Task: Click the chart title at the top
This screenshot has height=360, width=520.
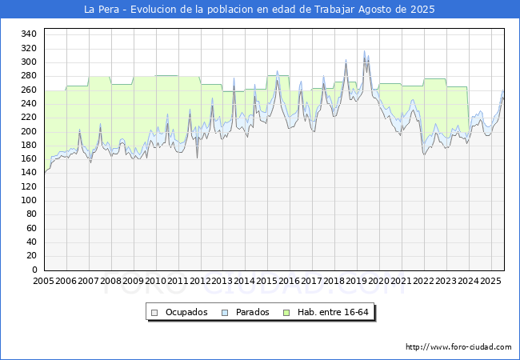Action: [x=259, y=10]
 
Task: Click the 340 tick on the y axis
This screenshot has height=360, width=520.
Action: [x=29, y=34]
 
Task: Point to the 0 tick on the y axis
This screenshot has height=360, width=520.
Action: [x=34, y=270]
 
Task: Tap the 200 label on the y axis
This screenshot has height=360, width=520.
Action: [x=29, y=132]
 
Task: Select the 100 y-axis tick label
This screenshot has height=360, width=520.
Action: [x=29, y=200]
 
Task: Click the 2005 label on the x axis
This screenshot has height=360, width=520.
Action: [x=43, y=281]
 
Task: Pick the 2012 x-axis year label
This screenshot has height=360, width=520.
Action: [x=200, y=281]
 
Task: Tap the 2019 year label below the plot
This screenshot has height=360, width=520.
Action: [x=357, y=281]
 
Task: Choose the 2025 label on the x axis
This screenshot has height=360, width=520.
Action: [x=490, y=281]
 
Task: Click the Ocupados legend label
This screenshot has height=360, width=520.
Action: [x=186, y=312]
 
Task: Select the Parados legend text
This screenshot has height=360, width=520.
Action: [x=252, y=312]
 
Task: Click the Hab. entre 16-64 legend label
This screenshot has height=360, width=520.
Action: [x=333, y=312]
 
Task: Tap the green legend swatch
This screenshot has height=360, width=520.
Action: [x=286, y=313]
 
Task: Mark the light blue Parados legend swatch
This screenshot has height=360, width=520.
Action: [x=225, y=313]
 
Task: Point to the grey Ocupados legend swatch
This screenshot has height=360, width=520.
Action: [x=154, y=313]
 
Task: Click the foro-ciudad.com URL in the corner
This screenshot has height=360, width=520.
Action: [x=458, y=347]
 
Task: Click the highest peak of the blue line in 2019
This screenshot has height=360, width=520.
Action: [x=365, y=50]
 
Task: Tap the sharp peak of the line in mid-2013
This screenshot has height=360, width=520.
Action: [x=234, y=78]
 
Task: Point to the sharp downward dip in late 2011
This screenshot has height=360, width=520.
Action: [x=198, y=158]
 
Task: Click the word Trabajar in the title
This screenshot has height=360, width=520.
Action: [x=334, y=10]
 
